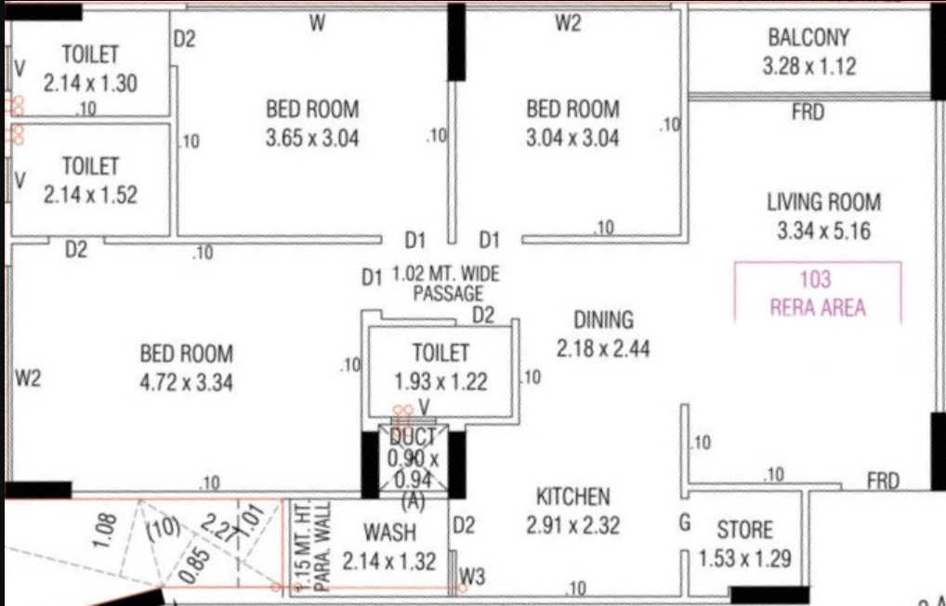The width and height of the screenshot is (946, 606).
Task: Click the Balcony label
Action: click(808, 37)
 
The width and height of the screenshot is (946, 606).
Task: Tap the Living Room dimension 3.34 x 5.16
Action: click(823, 231)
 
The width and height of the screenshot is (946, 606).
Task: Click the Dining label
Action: click(603, 320)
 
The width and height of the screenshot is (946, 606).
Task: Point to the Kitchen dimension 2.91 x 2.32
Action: click(572, 525)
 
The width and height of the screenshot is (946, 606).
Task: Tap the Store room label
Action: click(744, 530)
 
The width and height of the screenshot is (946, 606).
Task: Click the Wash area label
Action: click(389, 533)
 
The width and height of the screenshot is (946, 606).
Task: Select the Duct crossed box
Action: click(414, 460)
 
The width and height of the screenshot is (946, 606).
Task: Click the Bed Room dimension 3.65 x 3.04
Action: click(312, 138)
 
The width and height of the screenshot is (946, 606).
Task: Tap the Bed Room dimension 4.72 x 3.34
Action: click(187, 383)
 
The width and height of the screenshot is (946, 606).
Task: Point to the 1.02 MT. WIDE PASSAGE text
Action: click(446, 283)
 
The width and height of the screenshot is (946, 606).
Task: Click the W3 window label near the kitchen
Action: click(472, 577)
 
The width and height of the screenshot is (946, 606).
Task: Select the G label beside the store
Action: click(685, 522)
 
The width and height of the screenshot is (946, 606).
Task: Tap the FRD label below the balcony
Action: click(808, 112)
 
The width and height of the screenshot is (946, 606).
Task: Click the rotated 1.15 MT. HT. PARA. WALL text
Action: click(314, 546)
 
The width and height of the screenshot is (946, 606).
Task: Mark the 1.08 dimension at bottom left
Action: click(105, 531)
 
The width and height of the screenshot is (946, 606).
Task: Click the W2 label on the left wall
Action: click(28, 378)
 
